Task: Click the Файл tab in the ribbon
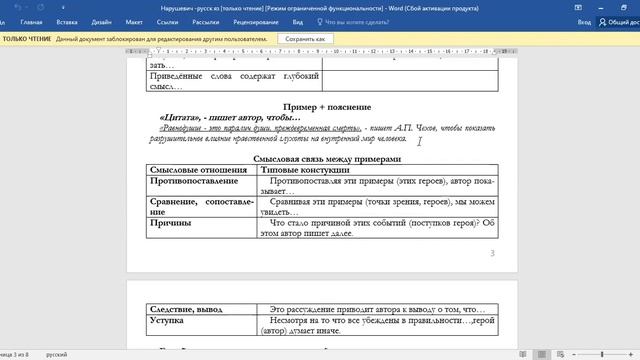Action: tap(8, 20)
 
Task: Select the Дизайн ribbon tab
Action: tap(101, 20)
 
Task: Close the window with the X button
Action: tap(628, 6)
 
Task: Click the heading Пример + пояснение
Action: tap(327, 106)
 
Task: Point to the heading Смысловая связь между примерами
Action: tap(327, 159)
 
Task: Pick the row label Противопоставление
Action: tap(194, 182)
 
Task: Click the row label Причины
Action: tap(171, 223)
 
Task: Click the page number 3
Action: tap(492, 253)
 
